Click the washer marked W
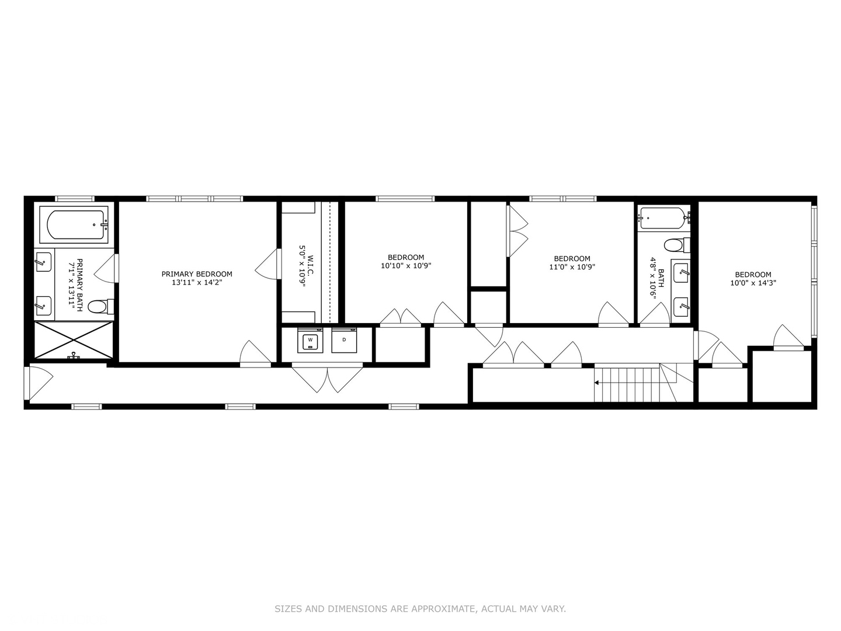tap(310, 341)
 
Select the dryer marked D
tap(344, 341)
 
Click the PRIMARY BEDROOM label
tap(197, 274)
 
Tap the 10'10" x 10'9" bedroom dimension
tap(406, 266)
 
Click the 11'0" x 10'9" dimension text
tap(572, 267)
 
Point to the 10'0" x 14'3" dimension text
tap(753, 283)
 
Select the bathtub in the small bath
tap(663, 218)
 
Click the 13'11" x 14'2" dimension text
tap(197, 282)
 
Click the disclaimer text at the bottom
tap(420, 609)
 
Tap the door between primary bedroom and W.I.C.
tap(266, 264)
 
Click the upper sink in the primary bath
tap(43, 262)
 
